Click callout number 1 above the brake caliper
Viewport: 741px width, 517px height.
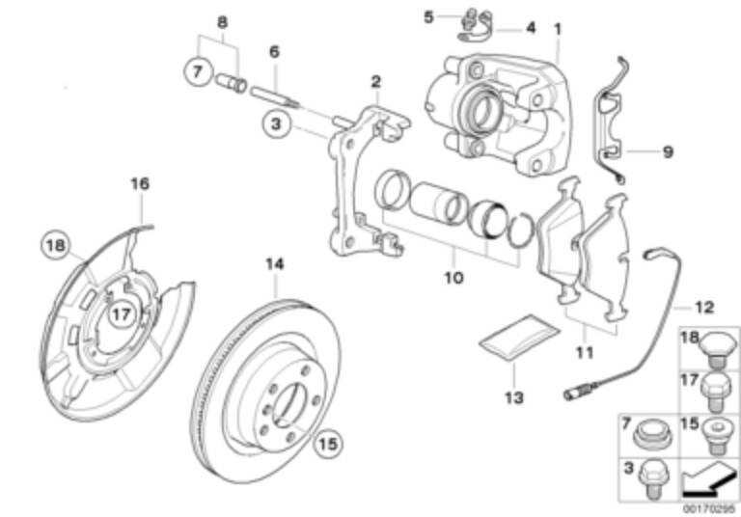click(x=557, y=29)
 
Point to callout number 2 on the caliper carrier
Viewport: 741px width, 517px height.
click(x=376, y=82)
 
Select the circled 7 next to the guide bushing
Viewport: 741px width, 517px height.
click(x=197, y=71)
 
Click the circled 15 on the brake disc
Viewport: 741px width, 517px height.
click(x=327, y=443)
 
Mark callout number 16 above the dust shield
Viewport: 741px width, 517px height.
click(x=141, y=182)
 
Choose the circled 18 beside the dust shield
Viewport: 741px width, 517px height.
click(x=56, y=246)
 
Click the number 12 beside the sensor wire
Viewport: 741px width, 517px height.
click(x=705, y=308)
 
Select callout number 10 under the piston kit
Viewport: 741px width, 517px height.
click(x=453, y=278)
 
